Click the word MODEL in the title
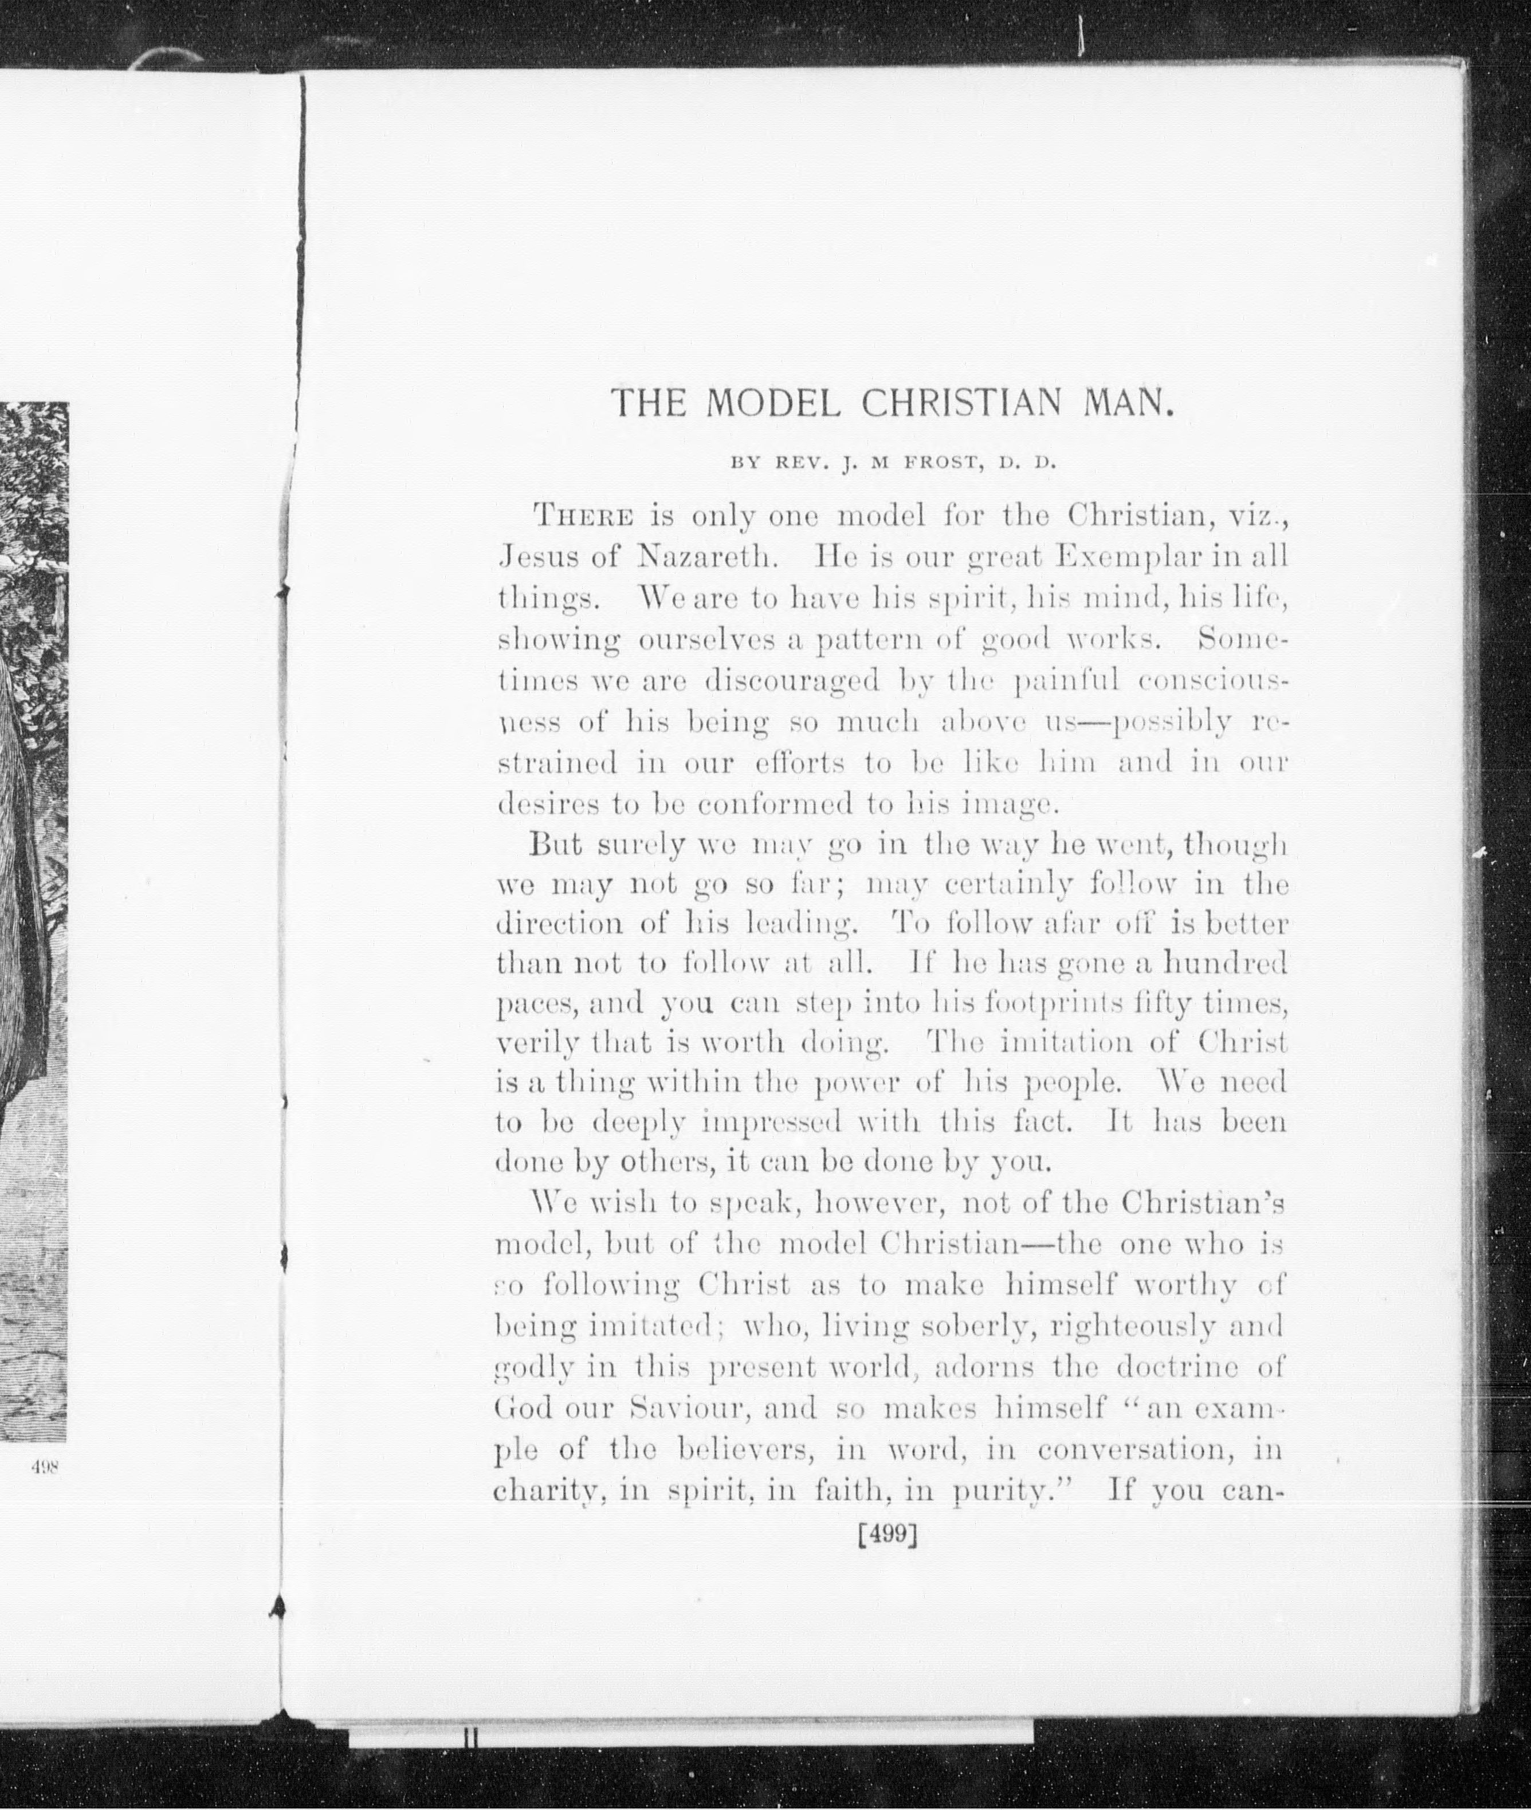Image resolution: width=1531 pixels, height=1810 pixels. click(x=772, y=403)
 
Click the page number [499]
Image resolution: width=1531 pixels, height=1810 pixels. click(x=887, y=1534)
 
